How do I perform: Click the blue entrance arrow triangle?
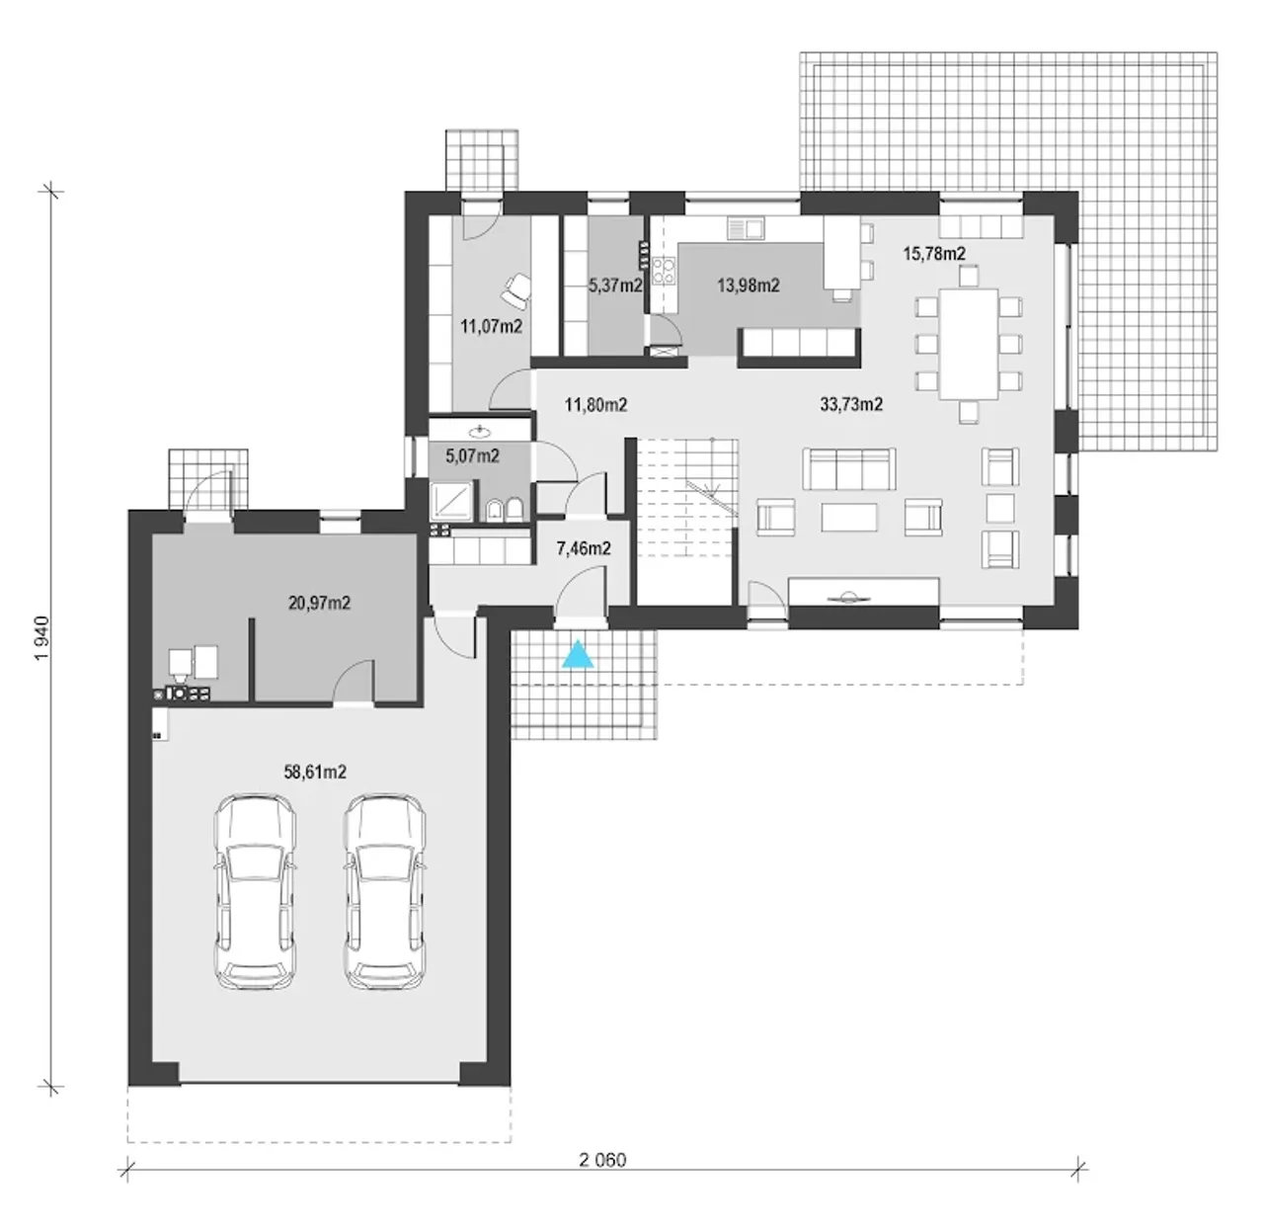(578, 653)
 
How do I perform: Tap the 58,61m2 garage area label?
(315, 773)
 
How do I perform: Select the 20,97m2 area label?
(320, 603)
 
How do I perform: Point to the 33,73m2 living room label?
(851, 404)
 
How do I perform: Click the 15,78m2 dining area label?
(934, 254)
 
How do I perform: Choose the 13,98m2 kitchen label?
(749, 286)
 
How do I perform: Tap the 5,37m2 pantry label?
(615, 286)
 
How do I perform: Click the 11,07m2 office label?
(492, 326)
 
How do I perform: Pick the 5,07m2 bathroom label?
(472, 456)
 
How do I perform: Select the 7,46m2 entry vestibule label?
(584, 548)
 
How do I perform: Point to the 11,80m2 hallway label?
(595, 405)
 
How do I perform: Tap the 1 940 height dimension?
(41, 637)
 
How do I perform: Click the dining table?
(969, 345)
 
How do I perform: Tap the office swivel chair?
(517, 289)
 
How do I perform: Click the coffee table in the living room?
(849, 518)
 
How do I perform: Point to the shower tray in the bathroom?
(453, 501)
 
